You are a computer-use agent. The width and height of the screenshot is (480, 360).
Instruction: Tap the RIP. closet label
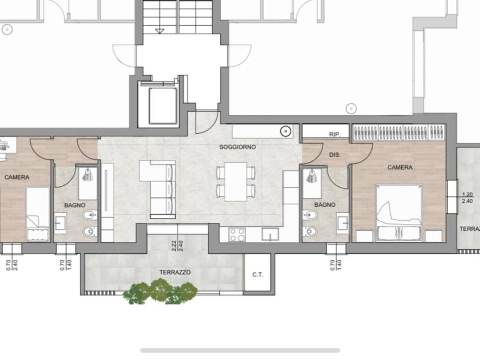pyautogui.click(x=335, y=135)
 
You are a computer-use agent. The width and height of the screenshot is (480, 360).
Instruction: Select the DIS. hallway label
pyautogui.click(x=335, y=155)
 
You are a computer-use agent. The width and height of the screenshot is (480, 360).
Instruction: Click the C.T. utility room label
pyautogui.click(x=258, y=275)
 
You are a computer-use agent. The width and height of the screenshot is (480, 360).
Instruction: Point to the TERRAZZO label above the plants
pyautogui.click(x=175, y=272)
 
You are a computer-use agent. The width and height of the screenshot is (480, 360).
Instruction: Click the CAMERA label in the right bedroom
pyautogui.click(x=400, y=167)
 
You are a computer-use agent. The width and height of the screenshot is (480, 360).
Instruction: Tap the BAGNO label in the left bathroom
pyautogui.click(x=75, y=205)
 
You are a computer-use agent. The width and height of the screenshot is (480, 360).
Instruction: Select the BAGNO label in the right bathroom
pyautogui.click(x=325, y=204)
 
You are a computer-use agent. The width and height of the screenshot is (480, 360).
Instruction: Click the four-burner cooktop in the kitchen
pyautogui.click(x=237, y=234)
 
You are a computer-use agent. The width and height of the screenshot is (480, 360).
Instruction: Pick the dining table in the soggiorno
pyautogui.click(x=236, y=181)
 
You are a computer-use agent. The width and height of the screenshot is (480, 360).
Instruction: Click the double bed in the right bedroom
pyautogui.click(x=399, y=213)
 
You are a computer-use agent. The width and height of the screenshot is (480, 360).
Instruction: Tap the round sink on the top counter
pyautogui.click(x=285, y=131)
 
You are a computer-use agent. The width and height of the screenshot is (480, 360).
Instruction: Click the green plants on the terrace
pyautogui.click(x=160, y=291)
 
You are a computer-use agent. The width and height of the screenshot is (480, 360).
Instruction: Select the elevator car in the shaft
pyautogui.click(x=163, y=105)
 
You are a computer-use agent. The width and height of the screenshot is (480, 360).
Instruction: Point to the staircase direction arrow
pyautogui.click(x=159, y=31)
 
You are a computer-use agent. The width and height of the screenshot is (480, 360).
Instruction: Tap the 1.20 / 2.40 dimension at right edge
pyautogui.click(x=467, y=198)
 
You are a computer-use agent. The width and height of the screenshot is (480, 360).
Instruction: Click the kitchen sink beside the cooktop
pyautogui.click(x=270, y=234)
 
